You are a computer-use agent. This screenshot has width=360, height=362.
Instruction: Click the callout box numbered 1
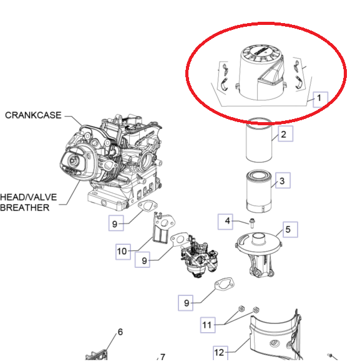(x=320, y=99)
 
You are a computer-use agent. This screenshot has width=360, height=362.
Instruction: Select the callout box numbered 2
(x=285, y=133)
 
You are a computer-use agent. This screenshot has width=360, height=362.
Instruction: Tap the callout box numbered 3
(x=283, y=180)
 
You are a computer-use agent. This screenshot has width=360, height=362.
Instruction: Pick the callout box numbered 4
(x=225, y=222)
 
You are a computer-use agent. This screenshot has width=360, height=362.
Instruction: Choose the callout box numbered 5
(x=290, y=229)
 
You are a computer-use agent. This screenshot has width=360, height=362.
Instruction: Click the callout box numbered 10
(x=123, y=252)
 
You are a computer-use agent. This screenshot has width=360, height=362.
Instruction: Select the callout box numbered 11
(x=208, y=325)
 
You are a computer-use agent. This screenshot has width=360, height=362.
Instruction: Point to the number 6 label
(x=120, y=332)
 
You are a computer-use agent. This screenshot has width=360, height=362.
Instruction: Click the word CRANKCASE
(x=33, y=115)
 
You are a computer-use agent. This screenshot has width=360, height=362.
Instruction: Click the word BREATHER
(x=25, y=207)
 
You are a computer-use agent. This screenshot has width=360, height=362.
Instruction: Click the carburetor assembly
(x=199, y=256)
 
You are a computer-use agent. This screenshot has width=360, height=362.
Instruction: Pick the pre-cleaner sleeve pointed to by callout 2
(x=259, y=140)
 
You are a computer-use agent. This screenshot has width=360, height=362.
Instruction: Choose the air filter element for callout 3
(x=259, y=191)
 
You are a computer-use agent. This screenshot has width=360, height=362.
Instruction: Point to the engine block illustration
(x=111, y=161)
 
